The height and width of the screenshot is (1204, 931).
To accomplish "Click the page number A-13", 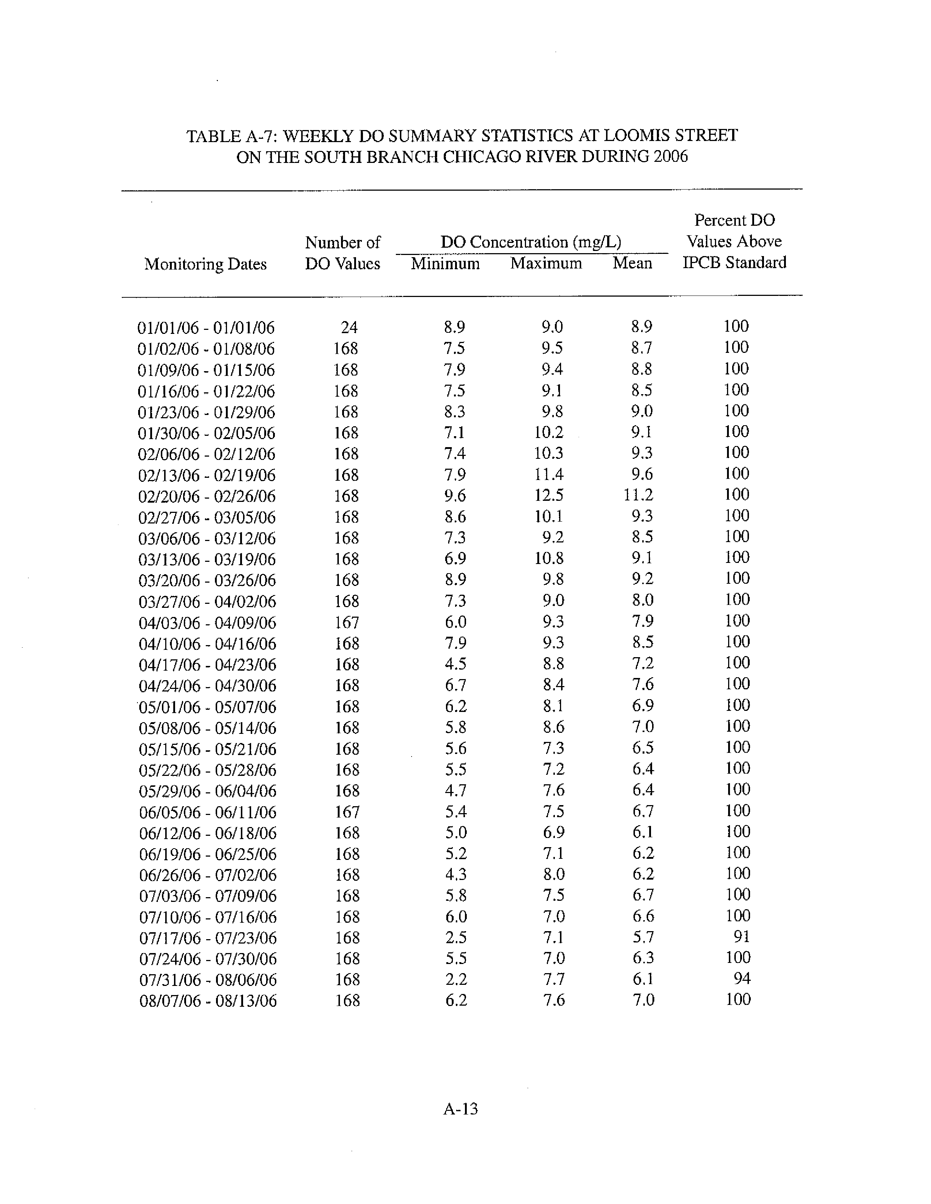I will [460, 1109].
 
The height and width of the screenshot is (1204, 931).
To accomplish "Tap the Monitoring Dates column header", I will [205, 264].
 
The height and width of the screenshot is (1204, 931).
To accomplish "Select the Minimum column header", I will [445, 263].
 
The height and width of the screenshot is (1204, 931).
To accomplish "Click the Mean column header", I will [632, 263].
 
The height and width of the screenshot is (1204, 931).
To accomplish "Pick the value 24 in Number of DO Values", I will [349, 327].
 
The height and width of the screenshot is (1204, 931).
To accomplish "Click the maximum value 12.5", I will [549, 495].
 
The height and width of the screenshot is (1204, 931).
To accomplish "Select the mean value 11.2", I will [638, 495].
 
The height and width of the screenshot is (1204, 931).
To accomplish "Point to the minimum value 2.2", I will [455, 979].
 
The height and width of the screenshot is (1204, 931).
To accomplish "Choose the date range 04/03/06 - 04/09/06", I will [207, 623].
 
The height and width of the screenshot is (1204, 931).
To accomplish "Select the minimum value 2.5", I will [455, 937].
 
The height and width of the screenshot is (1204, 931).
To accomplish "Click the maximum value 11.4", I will [549, 474].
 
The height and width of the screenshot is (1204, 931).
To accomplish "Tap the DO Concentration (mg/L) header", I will [531, 242].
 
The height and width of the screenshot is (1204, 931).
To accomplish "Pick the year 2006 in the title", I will [670, 157].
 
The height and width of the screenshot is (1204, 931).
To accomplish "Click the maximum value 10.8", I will [549, 559].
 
